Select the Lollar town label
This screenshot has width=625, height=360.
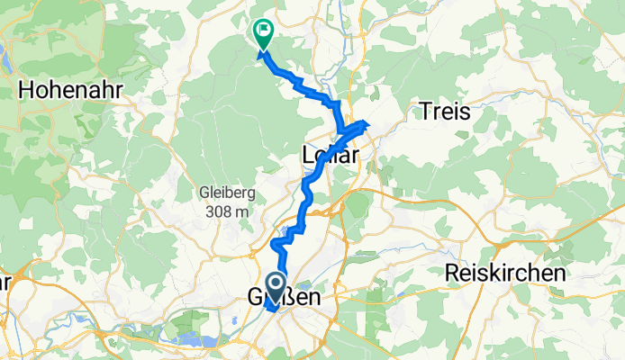pyautogui.click(x=330, y=156)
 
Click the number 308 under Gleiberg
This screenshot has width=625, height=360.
pyautogui.click(x=217, y=211)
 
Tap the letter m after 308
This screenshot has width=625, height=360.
pyautogui.click(x=241, y=211)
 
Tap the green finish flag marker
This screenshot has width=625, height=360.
pyautogui.click(x=264, y=35)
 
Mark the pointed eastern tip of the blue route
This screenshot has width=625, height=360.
pyautogui.click(x=367, y=121)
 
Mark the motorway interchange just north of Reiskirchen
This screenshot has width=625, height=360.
pyautogui.click(x=504, y=244)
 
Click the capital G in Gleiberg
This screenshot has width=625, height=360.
pyautogui.click(x=201, y=193)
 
